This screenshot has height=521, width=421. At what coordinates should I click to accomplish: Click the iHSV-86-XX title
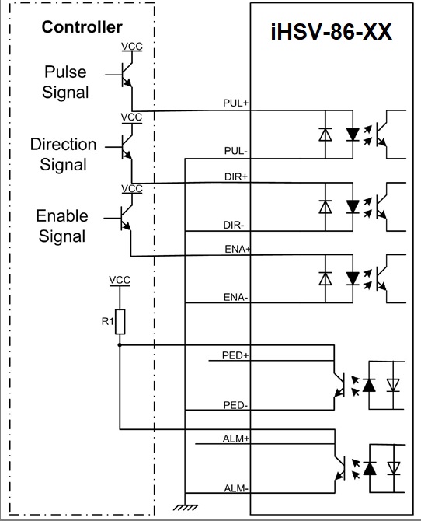[332, 32]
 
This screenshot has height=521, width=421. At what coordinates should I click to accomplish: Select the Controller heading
[82, 27]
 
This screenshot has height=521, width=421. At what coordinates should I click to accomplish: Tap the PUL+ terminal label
[235, 103]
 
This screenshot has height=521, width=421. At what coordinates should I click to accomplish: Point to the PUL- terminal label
[235, 151]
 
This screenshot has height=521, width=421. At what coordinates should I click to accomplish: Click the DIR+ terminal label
[236, 177]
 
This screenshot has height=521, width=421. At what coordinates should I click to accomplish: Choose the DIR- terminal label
[234, 225]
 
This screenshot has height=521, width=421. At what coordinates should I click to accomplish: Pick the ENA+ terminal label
[238, 249]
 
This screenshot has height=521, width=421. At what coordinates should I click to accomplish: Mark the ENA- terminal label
[235, 297]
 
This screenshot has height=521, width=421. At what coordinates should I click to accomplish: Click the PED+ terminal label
[235, 355]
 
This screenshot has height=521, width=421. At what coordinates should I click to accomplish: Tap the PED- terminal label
[235, 405]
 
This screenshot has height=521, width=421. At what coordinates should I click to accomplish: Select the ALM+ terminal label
[235, 439]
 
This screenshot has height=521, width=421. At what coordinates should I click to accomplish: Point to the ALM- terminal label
[236, 488]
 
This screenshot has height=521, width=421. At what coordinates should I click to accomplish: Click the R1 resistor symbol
[120, 322]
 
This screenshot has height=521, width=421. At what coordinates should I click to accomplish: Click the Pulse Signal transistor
[124, 75]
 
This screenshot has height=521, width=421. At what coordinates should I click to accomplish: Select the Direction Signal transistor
[124, 146]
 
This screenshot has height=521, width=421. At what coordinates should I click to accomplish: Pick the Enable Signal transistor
[124, 218]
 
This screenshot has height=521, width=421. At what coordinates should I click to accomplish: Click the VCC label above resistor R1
[120, 280]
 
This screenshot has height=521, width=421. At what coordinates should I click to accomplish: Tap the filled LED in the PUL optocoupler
[353, 135]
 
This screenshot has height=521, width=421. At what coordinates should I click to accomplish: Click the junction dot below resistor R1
[120, 345]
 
